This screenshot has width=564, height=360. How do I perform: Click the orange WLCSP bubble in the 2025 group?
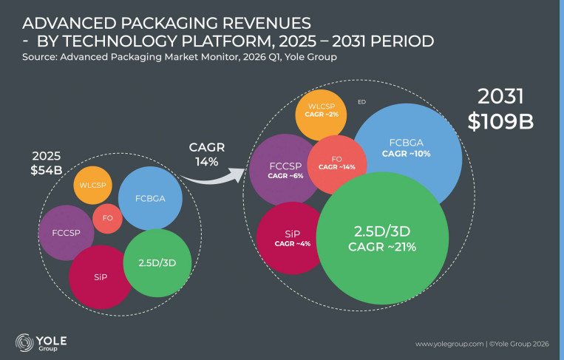93,186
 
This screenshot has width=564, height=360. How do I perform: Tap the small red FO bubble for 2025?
107,218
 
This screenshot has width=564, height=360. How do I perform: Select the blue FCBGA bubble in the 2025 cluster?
150,198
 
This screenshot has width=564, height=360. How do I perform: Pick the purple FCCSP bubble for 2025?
67,233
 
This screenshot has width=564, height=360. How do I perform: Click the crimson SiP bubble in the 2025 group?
101,277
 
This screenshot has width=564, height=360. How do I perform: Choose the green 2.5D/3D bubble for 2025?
157,263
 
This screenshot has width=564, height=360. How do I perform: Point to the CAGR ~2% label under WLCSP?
322,115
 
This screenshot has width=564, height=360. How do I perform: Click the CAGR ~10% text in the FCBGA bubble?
406,154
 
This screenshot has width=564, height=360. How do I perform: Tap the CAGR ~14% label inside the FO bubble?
336,167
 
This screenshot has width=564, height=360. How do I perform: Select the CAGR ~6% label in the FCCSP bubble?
285,176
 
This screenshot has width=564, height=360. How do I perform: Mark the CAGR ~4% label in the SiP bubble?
293,244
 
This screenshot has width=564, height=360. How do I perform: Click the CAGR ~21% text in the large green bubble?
382,247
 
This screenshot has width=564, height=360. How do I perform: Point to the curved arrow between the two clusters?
212,179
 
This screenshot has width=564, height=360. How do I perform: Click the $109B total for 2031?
500,121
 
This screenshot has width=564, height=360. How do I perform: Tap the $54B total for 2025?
47,170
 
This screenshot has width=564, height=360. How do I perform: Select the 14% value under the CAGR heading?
207,162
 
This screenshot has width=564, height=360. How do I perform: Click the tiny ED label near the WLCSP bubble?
362,102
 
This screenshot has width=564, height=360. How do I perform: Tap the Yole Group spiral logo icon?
24,342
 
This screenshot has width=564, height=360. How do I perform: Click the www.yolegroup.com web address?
449,344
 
